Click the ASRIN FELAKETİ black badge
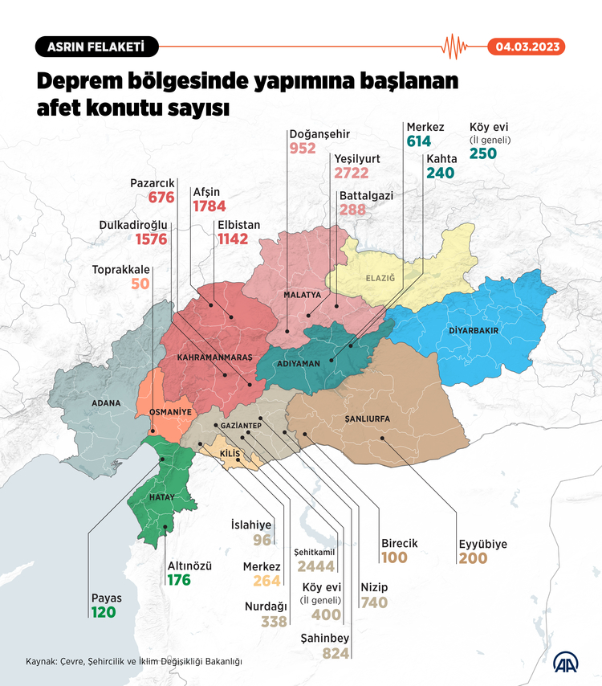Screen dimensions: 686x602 pyautogui.click(x=96, y=47)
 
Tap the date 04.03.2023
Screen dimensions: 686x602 pyautogui.click(x=527, y=47)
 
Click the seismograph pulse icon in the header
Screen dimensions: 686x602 pyautogui.click(x=455, y=46)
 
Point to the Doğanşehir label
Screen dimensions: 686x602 pyautogui.click(x=319, y=134)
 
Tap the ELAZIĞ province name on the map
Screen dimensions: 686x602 pyautogui.click(x=380, y=278)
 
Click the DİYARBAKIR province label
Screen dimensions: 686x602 pyautogui.click(x=474, y=330)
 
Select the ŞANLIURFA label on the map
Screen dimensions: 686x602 pyautogui.click(x=367, y=419)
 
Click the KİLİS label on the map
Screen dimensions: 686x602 pyautogui.click(x=230, y=455)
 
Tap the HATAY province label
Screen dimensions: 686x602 pyautogui.click(x=157, y=498)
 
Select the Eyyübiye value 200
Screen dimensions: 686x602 pyautogui.click(x=473, y=558)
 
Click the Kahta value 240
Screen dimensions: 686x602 pyautogui.click(x=441, y=173)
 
